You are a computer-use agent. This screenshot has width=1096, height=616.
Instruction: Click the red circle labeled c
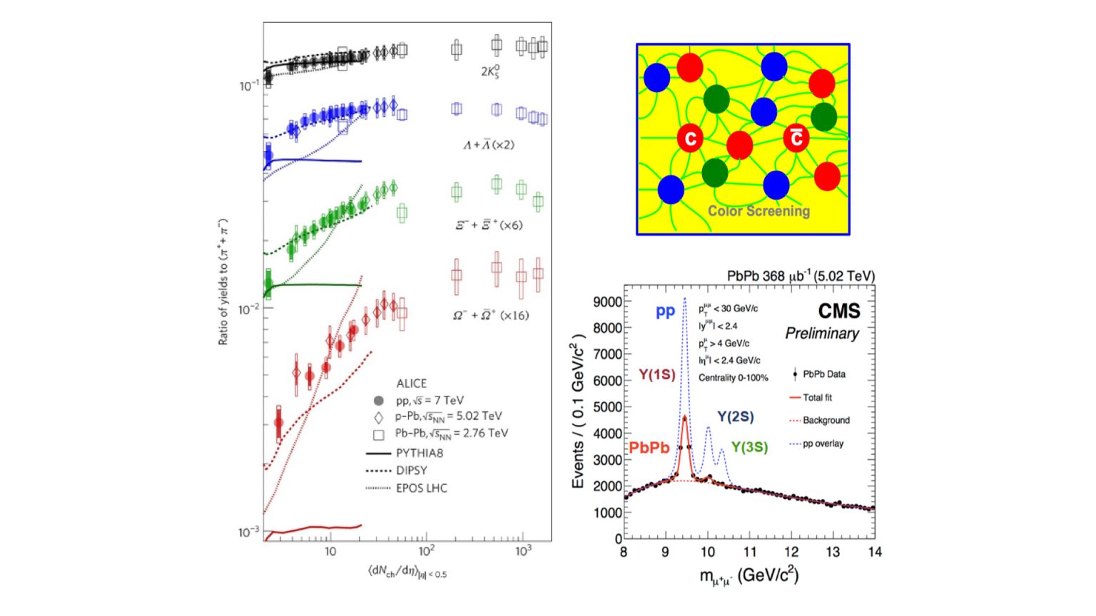tap(690, 138)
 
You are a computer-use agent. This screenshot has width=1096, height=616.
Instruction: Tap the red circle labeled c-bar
tap(796, 138)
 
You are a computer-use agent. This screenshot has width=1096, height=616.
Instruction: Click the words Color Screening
tap(758, 211)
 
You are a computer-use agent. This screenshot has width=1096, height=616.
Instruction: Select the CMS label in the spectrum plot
tap(838, 311)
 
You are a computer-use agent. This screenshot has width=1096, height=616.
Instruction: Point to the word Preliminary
tap(822, 334)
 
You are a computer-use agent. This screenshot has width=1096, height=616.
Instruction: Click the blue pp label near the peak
tap(665, 312)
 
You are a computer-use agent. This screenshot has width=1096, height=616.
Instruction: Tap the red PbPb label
tap(649, 448)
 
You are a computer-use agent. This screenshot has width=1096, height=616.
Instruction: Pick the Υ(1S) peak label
tap(656, 374)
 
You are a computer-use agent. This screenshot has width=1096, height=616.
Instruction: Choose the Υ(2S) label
tap(735, 417)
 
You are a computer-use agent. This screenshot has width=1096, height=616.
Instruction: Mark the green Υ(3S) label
tap(749, 447)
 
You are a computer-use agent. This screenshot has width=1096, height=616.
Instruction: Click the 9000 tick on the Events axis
tap(607, 302)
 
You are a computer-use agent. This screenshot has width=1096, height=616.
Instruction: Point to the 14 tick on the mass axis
tap(875, 552)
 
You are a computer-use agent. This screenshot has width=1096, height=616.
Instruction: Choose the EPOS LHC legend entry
tap(422, 488)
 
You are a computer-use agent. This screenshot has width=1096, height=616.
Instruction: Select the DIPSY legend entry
tap(412, 471)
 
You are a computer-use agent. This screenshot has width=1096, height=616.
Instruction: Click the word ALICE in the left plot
tap(411, 384)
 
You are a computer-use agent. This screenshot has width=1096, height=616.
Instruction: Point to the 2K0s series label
tap(489, 71)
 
